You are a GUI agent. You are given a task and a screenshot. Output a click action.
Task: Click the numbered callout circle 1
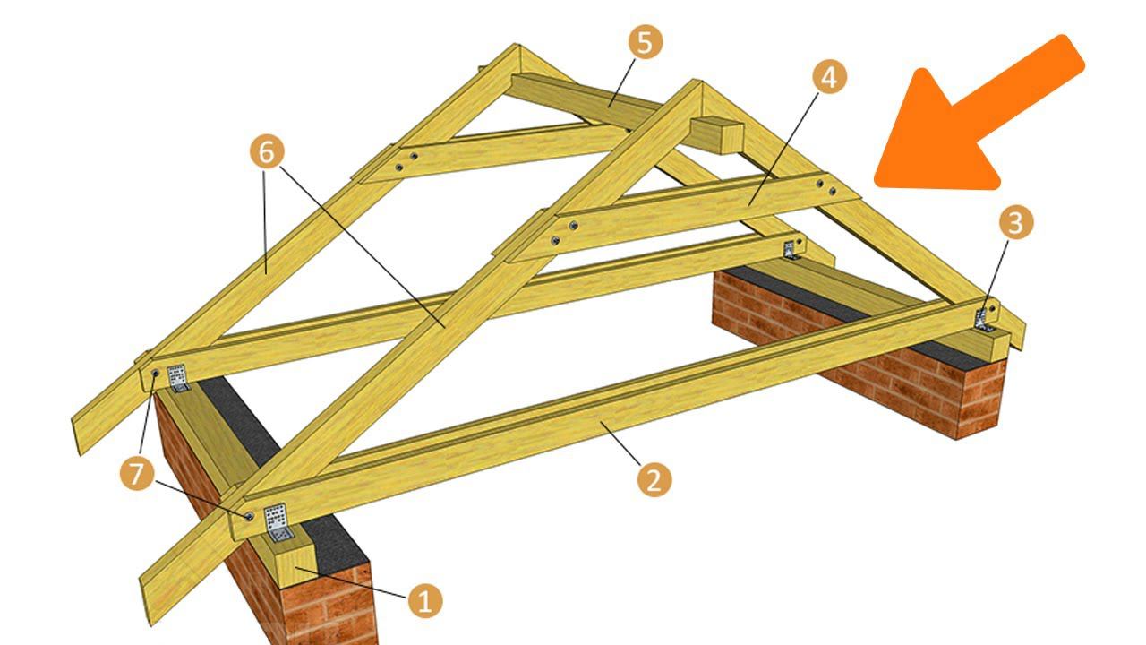425,600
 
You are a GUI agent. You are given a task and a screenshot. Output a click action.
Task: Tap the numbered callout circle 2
654,479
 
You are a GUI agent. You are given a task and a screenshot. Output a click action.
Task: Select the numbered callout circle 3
1016,223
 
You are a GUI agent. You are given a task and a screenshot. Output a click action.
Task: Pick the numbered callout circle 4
829,77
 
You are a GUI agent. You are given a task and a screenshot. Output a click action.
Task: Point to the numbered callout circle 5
646,42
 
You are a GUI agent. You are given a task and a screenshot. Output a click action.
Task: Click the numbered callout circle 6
267,151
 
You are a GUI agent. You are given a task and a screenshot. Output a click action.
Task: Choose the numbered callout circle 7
137,474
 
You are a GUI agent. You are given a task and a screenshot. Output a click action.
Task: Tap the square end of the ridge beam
716,135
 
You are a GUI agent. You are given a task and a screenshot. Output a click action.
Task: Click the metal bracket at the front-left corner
278,521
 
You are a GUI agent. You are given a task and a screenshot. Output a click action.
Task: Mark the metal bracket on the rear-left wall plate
177,378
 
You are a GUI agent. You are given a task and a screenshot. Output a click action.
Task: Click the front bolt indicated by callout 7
249,515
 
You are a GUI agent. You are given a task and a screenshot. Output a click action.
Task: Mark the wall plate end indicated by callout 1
295,567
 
